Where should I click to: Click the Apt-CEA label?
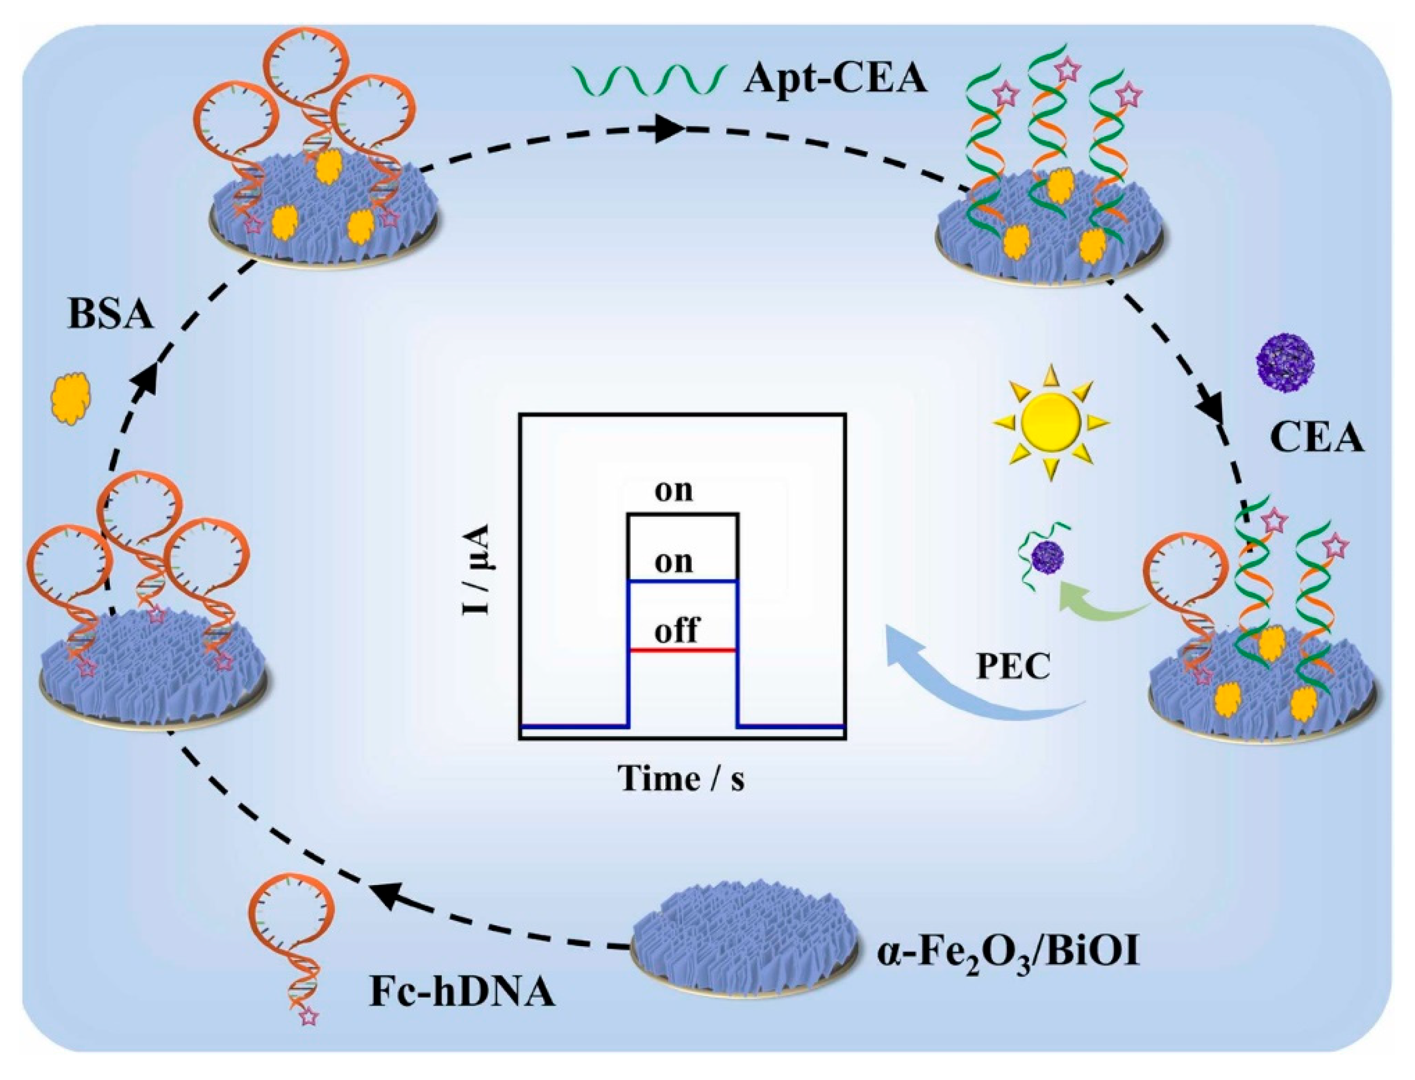pyautogui.click(x=835, y=81)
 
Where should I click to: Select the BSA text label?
pyautogui.click(x=110, y=316)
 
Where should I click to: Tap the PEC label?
pyautogui.click(x=1013, y=667)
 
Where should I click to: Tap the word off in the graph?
pyautogui.click(x=676, y=630)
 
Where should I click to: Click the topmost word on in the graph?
pyautogui.click(x=673, y=490)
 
